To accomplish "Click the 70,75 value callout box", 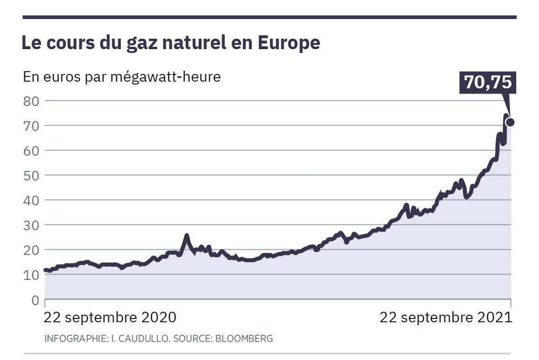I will pos(488,82).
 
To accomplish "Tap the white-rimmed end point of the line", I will pos(510,122).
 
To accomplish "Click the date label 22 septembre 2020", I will pos(110,318).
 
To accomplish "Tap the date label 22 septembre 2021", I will pos(445,318).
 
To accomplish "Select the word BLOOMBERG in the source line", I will pos(244,339).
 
